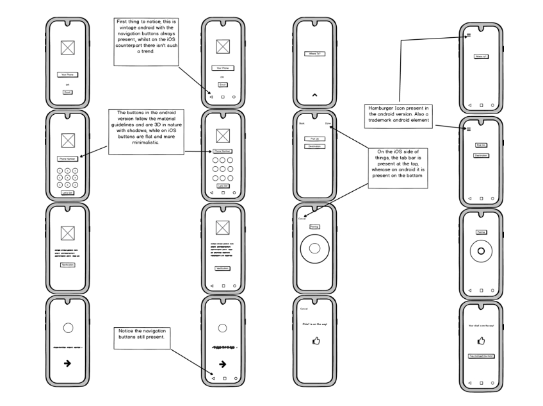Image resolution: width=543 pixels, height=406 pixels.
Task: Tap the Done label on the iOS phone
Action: tap(328, 123)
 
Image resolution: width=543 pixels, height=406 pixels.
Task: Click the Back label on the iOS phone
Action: tap(302, 123)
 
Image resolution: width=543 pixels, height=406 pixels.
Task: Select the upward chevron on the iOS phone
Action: tap(314, 95)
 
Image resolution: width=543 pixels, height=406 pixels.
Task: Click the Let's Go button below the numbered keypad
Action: tap(67, 192)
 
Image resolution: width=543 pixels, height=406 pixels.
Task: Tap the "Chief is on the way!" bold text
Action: tap(315, 325)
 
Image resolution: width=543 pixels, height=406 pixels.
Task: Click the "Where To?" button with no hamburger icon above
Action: tap(314, 54)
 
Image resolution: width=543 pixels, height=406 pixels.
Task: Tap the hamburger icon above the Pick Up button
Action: tap(469, 129)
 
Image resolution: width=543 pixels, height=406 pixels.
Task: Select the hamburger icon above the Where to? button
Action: tap(469, 35)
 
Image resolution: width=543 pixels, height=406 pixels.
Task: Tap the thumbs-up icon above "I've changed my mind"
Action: tap(480, 341)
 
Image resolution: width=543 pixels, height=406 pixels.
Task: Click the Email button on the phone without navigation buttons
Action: tap(67, 92)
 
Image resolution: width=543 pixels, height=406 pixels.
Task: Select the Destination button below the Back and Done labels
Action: tap(314, 146)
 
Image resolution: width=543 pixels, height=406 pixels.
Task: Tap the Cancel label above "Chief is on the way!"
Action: tap(304, 309)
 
